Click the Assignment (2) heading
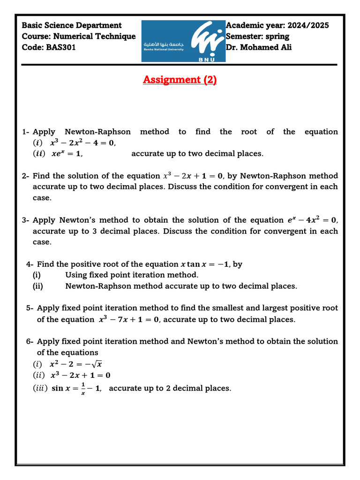[180, 80]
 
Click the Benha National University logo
[183, 41]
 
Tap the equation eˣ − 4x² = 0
[312, 220]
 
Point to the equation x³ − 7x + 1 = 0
[129, 320]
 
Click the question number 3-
[26, 220]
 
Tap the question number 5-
[30, 308]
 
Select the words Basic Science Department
[72, 25]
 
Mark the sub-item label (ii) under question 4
[38, 286]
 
